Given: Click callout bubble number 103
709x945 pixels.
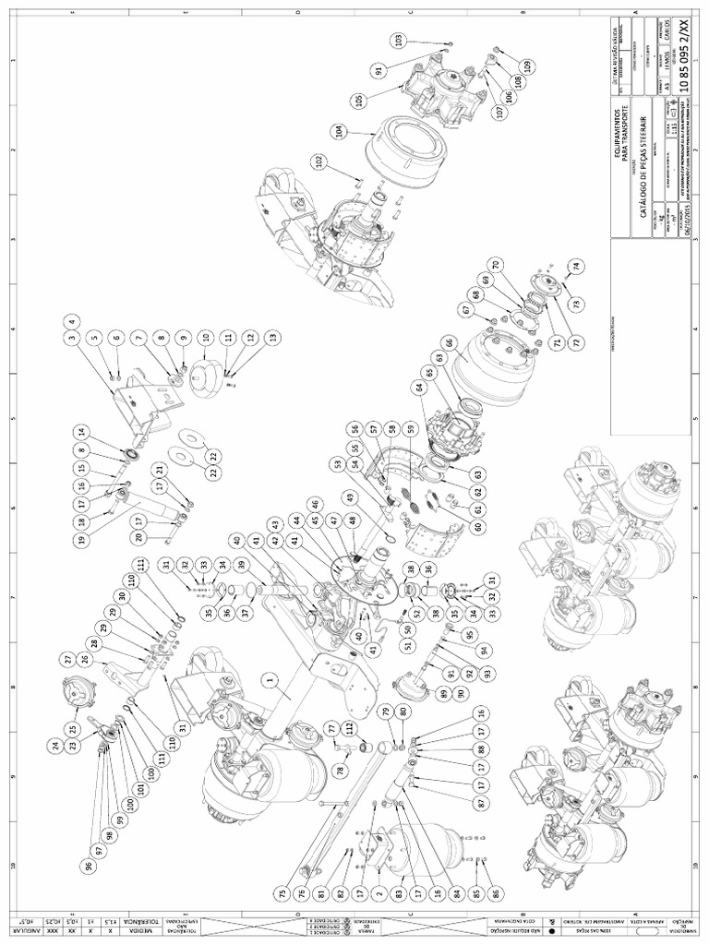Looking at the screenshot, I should click(x=399, y=41).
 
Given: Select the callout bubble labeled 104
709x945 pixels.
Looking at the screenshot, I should click(x=342, y=131).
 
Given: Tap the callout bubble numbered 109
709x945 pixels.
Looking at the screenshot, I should click(x=527, y=66).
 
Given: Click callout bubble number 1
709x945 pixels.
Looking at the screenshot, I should click(x=271, y=680).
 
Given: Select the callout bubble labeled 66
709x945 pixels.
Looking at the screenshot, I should click(x=450, y=342).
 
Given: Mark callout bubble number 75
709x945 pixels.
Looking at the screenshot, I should click(x=281, y=893).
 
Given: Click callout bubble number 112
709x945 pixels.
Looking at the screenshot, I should click(x=348, y=725).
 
